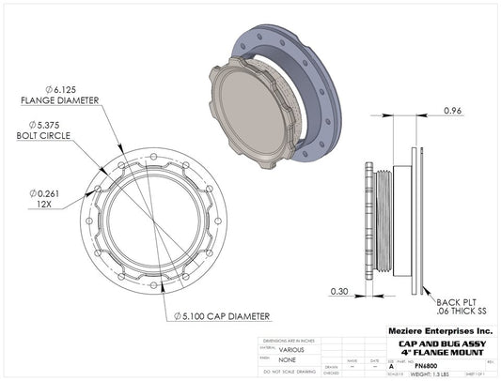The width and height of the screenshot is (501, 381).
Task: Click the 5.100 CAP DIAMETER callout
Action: click(x=225, y=315)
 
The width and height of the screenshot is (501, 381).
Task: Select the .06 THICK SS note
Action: click(x=461, y=309)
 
